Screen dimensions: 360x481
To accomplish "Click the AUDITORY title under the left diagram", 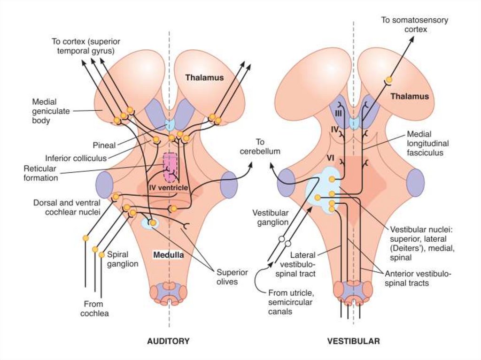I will coord(168,341).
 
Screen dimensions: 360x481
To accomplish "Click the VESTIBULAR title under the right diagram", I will coord(353,341).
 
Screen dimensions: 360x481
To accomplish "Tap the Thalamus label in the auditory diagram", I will coord(204,77).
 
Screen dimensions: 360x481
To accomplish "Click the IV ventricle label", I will coord(168,188).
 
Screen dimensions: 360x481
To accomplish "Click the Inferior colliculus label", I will coord(76,158).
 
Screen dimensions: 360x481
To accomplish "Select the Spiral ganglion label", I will coord(123,259).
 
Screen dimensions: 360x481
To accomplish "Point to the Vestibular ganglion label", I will coord(269,217).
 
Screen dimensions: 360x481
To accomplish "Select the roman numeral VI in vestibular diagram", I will coord(330,159).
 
